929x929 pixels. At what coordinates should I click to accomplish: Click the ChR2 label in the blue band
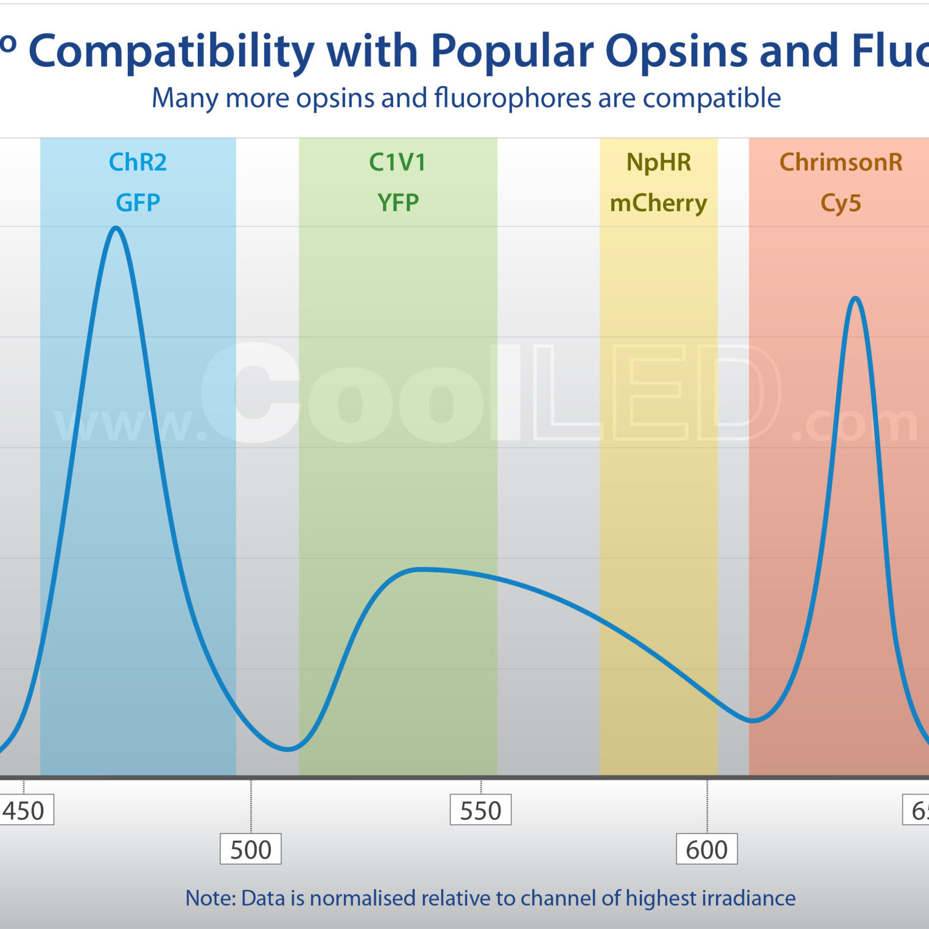(x=138, y=163)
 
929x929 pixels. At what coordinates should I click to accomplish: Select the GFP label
(x=138, y=203)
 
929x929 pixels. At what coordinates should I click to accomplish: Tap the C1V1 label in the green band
(x=398, y=163)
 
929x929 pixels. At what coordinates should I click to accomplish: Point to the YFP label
(x=398, y=203)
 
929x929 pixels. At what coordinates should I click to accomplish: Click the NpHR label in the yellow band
(x=659, y=163)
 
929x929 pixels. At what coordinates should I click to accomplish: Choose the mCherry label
(x=659, y=203)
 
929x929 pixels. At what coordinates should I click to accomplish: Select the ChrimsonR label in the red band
(x=841, y=163)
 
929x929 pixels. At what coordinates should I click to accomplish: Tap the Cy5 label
(x=841, y=203)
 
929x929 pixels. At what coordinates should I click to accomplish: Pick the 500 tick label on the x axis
(x=250, y=850)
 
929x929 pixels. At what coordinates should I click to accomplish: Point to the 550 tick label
(x=480, y=811)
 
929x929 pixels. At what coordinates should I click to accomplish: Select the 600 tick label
(x=706, y=850)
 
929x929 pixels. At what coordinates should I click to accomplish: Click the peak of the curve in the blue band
(x=116, y=228)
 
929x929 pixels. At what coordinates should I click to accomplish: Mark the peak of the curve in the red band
(x=855, y=298)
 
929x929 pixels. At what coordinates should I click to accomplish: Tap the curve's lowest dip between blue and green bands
(x=287, y=749)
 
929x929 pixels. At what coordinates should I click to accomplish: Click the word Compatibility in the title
(x=171, y=51)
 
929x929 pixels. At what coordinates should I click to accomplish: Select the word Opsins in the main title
(x=676, y=51)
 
